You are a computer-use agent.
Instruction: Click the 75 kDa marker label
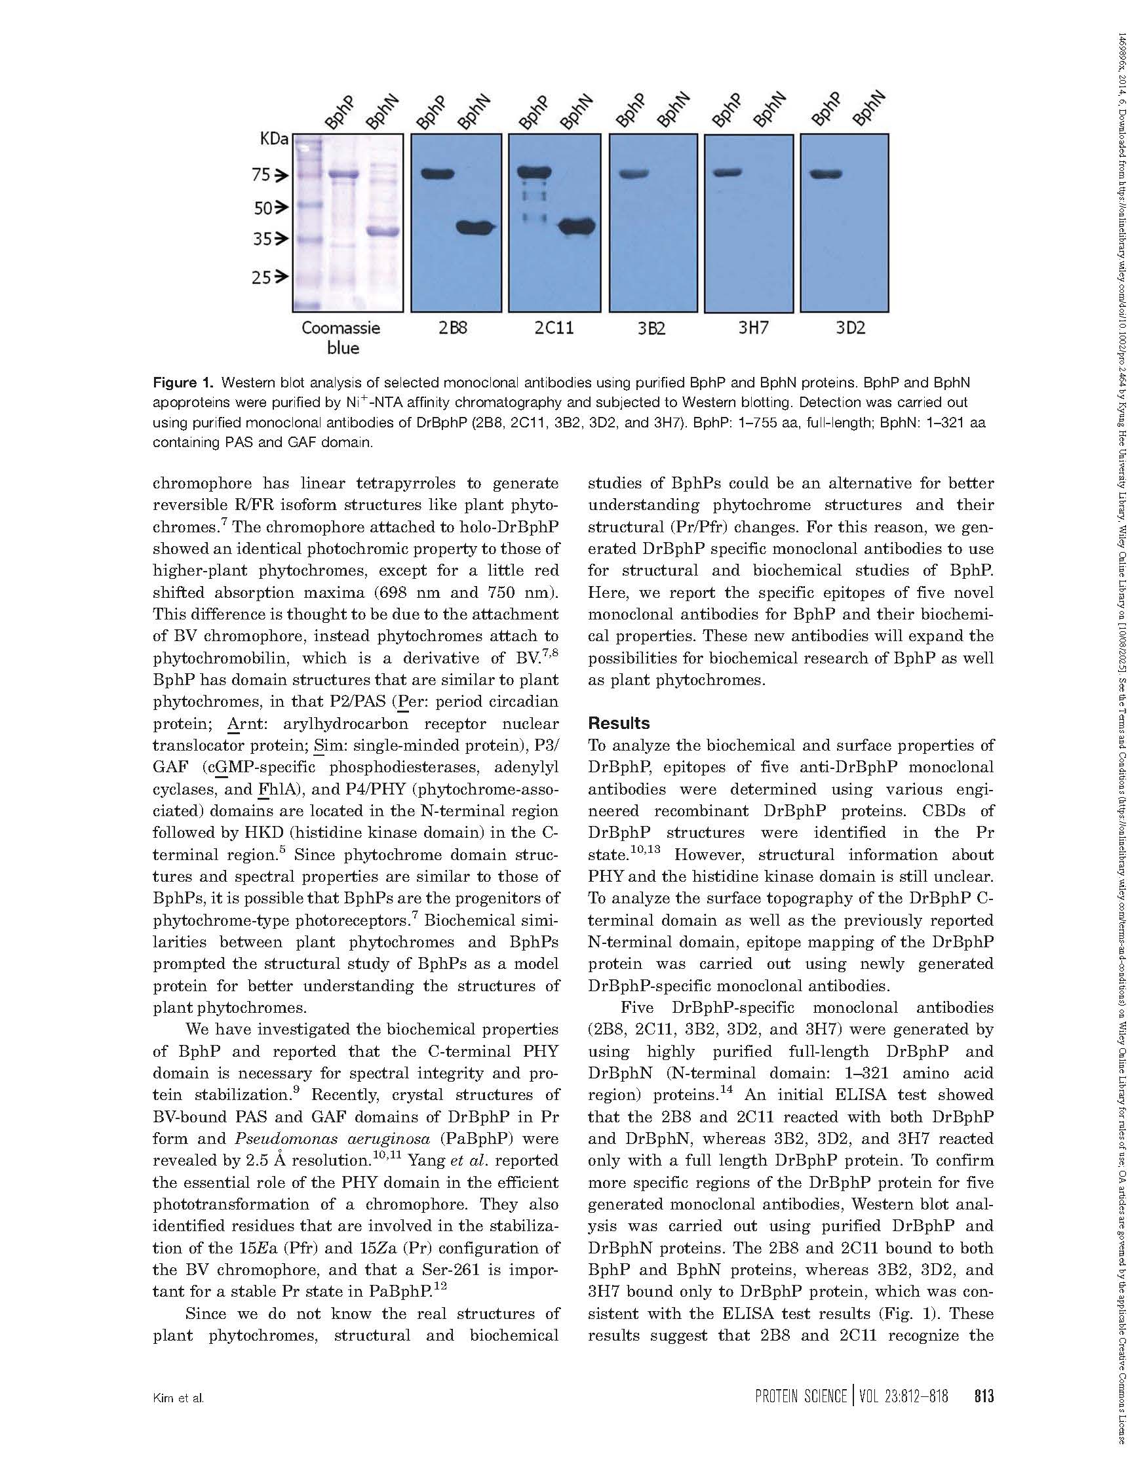[x=261, y=176]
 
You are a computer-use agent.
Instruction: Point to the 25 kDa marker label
[x=262, y=277]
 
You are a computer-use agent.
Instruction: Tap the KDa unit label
[x=274, y=140]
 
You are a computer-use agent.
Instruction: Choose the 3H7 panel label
[x=752, y=329]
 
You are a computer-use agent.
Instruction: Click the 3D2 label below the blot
[x=851, y=329]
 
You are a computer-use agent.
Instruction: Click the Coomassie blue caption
[x=341, y=338]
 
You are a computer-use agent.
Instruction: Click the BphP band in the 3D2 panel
[x=826, y=175]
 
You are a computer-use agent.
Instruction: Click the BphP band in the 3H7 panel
[x=728, y=173]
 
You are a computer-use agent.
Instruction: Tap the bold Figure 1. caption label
[x=182, y=383]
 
